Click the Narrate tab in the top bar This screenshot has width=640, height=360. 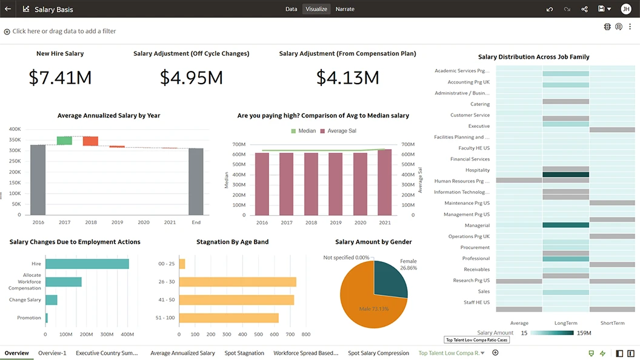pyautogui.click(x=345, y=9)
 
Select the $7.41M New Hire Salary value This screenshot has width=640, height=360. pyautogui.click(x=60, y=77)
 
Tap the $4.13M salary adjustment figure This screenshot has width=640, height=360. pyautogui.click(x=347, y=77)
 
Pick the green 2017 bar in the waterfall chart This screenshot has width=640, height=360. pyautogui.click(x=64, y=141)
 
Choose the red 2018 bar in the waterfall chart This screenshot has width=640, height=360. pyautogui.click(x=90, y=141)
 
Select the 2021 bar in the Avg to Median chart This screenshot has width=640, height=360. pyautogui.click(x=384, y=182)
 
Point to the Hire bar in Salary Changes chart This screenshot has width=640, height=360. pyautogui.click(x=87, y=264)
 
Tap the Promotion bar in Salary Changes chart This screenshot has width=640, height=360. pyautogui.click(x=47, y=318)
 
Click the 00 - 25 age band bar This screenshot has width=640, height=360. pyautogui.click(x=182, y=264)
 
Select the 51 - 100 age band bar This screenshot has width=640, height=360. pyautogui.click(x=228, y=318)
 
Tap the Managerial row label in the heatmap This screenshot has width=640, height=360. pyautogui.click(x=477, y=225)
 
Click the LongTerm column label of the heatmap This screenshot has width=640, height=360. pyautogui.click(x=565, y=323)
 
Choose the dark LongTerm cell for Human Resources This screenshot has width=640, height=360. pyautogui.click(x=565, y=175)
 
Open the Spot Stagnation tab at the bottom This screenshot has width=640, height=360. pyautogui.click(x=244, y=353)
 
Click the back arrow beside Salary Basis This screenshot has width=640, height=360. pyautogui.click(x=8, y=9)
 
